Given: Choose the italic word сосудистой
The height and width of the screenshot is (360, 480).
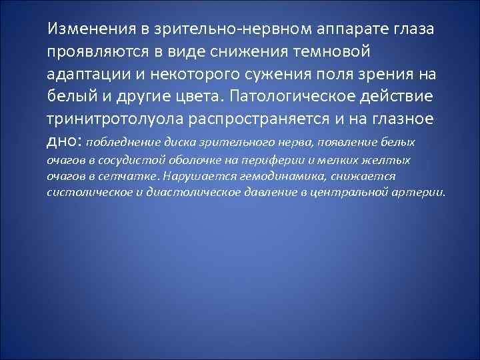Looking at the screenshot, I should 133,161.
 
